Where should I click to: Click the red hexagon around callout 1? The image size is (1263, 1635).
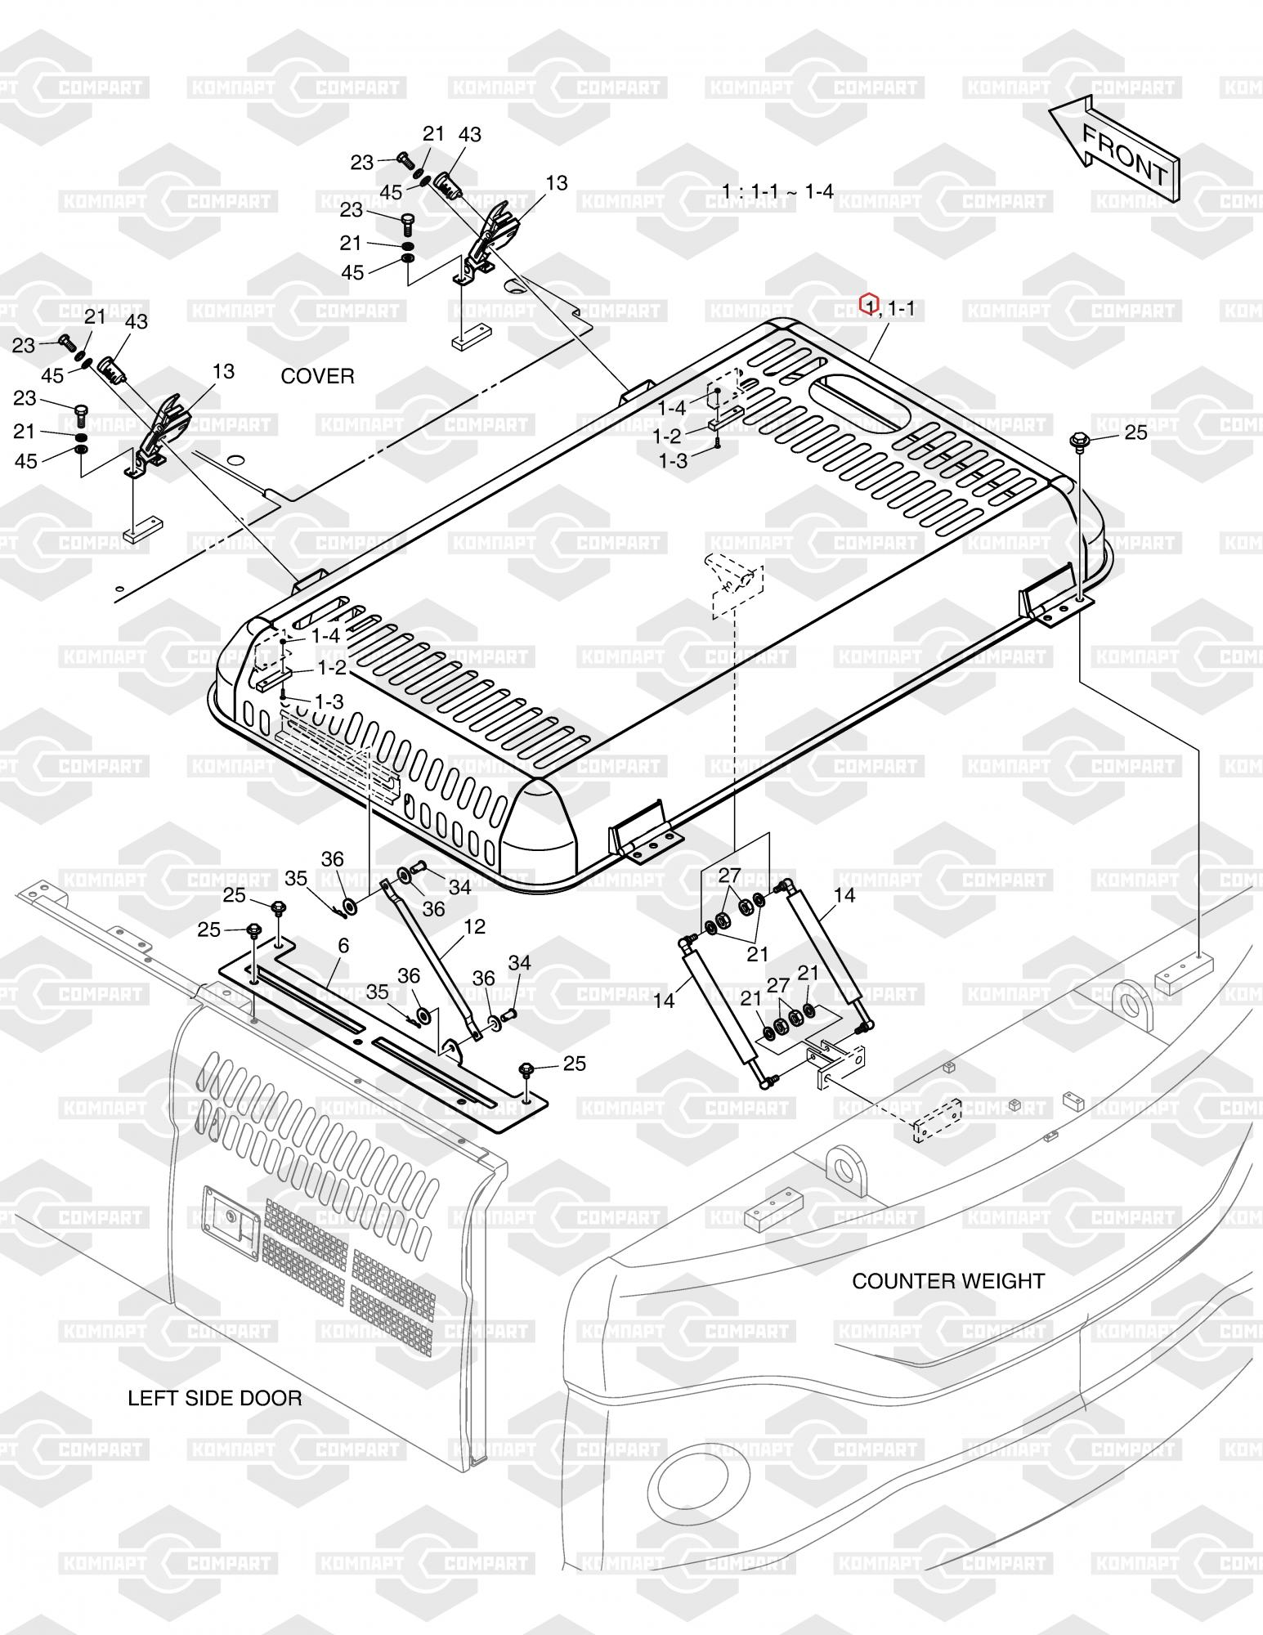(x=869, y=305)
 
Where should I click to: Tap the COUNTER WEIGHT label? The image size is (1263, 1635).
(x=948, y=1281)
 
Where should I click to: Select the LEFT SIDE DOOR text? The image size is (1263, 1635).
(x=214, y=1398)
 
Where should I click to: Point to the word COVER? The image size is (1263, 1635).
(x=317, y=376)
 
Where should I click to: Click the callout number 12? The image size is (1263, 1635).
(x=474, y=927)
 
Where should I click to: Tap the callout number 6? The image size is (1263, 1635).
(x=343, y=946)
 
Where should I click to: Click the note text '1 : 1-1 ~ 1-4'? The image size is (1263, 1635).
(x=777, y=191)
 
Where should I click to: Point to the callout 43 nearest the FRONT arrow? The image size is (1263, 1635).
(x=470, y=135)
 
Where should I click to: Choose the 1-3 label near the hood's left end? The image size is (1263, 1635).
(x=329, y=701)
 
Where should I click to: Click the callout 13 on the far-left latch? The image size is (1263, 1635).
(x=223, y=371)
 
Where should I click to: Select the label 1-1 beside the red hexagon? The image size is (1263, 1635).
(x=901, y=308)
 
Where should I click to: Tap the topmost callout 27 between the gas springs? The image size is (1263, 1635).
(x=729, y=875)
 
